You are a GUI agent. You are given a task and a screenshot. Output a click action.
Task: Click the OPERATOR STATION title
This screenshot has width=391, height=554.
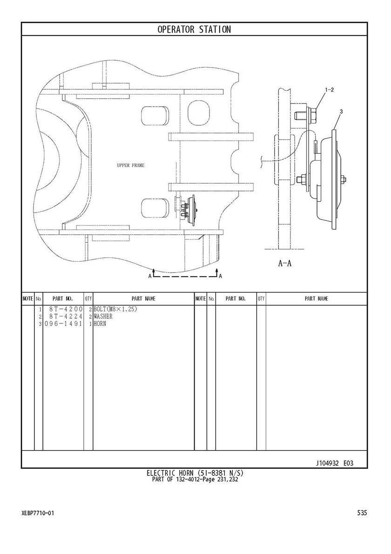(x=194, y=29)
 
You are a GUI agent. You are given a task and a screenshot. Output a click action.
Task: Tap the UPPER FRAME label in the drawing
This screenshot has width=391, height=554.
(x=131, y=165)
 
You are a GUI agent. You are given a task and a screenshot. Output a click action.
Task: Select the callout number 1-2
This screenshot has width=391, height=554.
(x=329, y=90)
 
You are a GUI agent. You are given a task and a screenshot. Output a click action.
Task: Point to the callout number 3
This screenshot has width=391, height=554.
(x=341, y=112)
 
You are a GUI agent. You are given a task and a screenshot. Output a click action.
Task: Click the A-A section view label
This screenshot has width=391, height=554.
(x=285, y=263)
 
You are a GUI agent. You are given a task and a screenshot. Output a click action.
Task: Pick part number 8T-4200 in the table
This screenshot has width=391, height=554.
(x=66, y=309)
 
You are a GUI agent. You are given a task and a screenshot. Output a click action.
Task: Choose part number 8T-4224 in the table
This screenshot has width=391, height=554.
(x=66, y=316)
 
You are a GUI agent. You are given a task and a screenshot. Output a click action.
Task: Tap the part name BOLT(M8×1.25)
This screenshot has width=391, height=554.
(x=115, y=309)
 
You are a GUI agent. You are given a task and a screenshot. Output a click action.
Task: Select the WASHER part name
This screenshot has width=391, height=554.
(x=103, y=316)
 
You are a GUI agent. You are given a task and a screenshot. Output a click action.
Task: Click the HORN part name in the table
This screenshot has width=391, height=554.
(x=100, y=323)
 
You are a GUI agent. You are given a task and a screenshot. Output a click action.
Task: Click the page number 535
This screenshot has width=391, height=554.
(x=362, y=513)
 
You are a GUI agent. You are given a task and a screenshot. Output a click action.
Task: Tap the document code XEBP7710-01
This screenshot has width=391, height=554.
(x=38, y=513)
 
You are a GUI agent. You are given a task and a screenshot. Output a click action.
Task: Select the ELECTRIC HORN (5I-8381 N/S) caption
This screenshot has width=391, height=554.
(x=195, y=473)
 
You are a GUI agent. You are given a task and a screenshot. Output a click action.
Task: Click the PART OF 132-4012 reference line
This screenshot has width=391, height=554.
(x=195, y=479)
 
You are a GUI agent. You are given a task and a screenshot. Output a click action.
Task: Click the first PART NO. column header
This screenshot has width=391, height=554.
(x=62, y=299)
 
